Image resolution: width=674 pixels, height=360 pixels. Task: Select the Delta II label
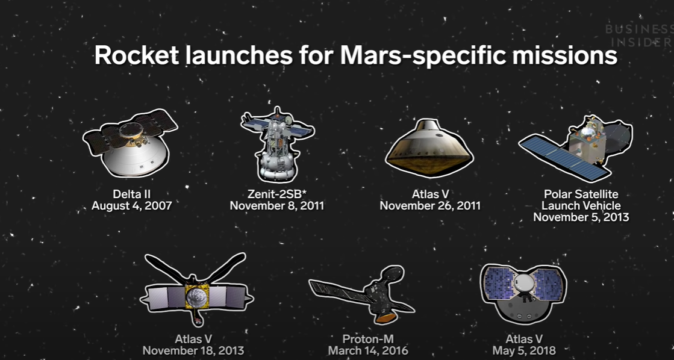pyautogui.click(x=131, y=194)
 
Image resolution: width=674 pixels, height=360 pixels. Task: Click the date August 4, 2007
pyautogui.click(x=131, y=206)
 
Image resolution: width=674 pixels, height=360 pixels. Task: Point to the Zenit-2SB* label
pyautogui.click(x=277, y=194)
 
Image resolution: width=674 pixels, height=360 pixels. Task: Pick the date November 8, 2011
pyautogui.click(x=277, y=206)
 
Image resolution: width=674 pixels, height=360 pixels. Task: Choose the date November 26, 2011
pyautogui.click(x=430, y=206)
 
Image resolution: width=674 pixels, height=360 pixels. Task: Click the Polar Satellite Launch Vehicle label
pyautogui.click(x=581, y=200)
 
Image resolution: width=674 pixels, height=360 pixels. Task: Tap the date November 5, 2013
pyautogui.click(x=581, y=217)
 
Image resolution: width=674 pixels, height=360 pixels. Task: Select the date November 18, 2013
pyautogui.click(x=193, y=350)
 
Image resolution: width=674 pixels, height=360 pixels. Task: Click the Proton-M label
pyautogui.click(x=368, y=340)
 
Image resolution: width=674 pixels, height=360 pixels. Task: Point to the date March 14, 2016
pyautogui.click(x=368, y=350)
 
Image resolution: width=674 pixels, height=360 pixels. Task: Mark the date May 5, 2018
pyautogui.click(x=524, y=350)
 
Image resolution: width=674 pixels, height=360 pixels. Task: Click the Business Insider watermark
pyautogui.click(x=639, y=36)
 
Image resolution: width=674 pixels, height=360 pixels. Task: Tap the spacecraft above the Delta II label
pyautogui.click(x=130, y=143)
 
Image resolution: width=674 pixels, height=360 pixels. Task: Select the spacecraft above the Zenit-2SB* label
pyautogui.click(x=277, y=144)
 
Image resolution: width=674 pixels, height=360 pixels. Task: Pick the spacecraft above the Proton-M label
pyautogui.click(x=362, y=294)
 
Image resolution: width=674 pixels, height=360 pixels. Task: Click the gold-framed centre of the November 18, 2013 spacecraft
pyautogui.click(x=197, y=296)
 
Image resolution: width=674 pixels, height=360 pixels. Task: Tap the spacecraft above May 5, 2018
pyautogui.click(x=523, y=293)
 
